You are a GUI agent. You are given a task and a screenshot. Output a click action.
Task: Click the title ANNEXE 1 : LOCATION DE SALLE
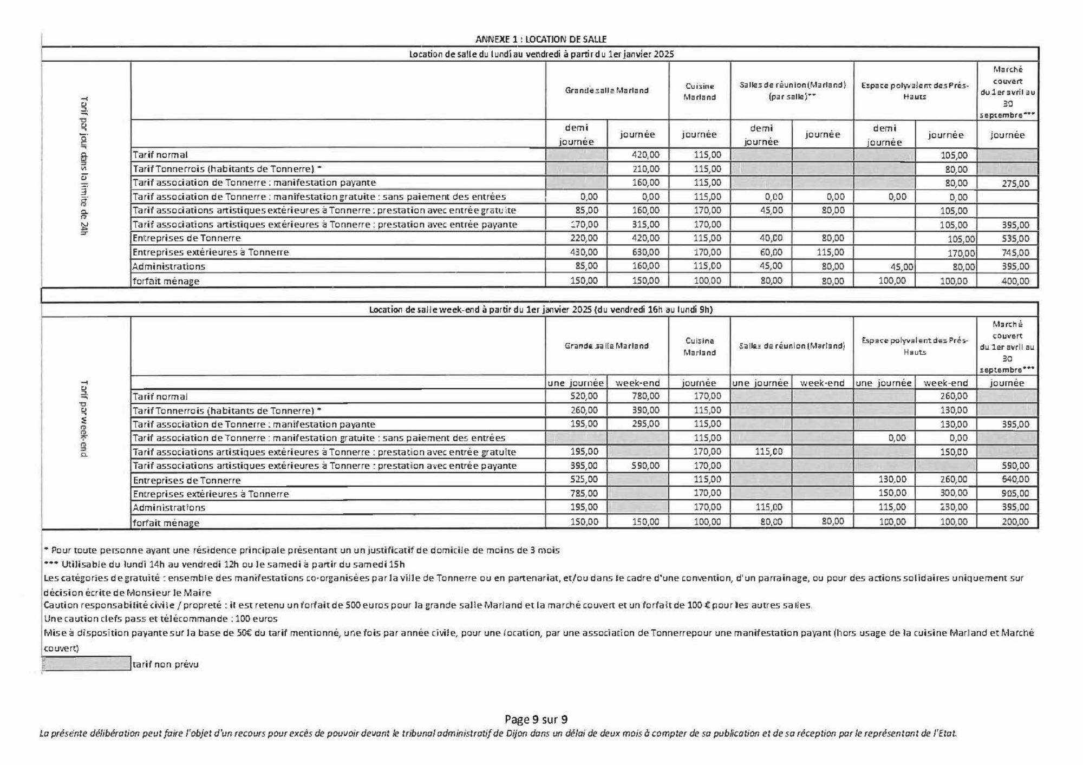tap(540, 39)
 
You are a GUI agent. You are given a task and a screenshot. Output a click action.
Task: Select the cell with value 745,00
tap(1015, 252)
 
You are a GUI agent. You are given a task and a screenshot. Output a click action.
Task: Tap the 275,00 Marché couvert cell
tap(1015, 184)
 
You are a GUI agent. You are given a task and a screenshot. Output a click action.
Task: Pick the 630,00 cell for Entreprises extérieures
tap(645, 252)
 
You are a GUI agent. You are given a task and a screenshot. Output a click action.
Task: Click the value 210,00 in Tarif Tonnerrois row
tap(645, 169)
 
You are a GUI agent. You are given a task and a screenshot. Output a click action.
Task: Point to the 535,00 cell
tap(1015, 239)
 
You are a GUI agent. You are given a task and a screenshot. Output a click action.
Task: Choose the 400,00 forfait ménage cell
tap(1015, 281)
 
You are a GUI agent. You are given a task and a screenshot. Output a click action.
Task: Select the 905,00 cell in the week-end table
tap(1015, 493)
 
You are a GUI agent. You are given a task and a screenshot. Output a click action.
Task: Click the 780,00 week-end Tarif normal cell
tap(645, 396)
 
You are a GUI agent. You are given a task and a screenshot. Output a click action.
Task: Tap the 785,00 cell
tap(584, 493)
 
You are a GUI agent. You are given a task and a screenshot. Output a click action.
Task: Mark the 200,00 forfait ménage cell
tap(1015, 522)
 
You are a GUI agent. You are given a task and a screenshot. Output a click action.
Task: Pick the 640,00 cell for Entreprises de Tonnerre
tap(1015, 479)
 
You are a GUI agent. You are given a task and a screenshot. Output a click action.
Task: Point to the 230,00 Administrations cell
tap(954, 507)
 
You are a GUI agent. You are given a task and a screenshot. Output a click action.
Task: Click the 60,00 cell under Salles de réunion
tap(771, 252)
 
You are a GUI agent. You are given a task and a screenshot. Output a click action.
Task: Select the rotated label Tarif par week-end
tap(84, 419)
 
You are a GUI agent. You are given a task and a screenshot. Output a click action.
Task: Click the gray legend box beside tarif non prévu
tap(87, 664)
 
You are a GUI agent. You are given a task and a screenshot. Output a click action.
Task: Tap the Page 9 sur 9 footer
tap(536, 720)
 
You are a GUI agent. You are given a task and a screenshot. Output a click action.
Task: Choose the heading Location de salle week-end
tap(540, 310)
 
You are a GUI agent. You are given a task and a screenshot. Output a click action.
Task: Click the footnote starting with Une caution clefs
tap(161, 619)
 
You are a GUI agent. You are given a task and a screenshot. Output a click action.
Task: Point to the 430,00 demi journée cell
tap(584, 252)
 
